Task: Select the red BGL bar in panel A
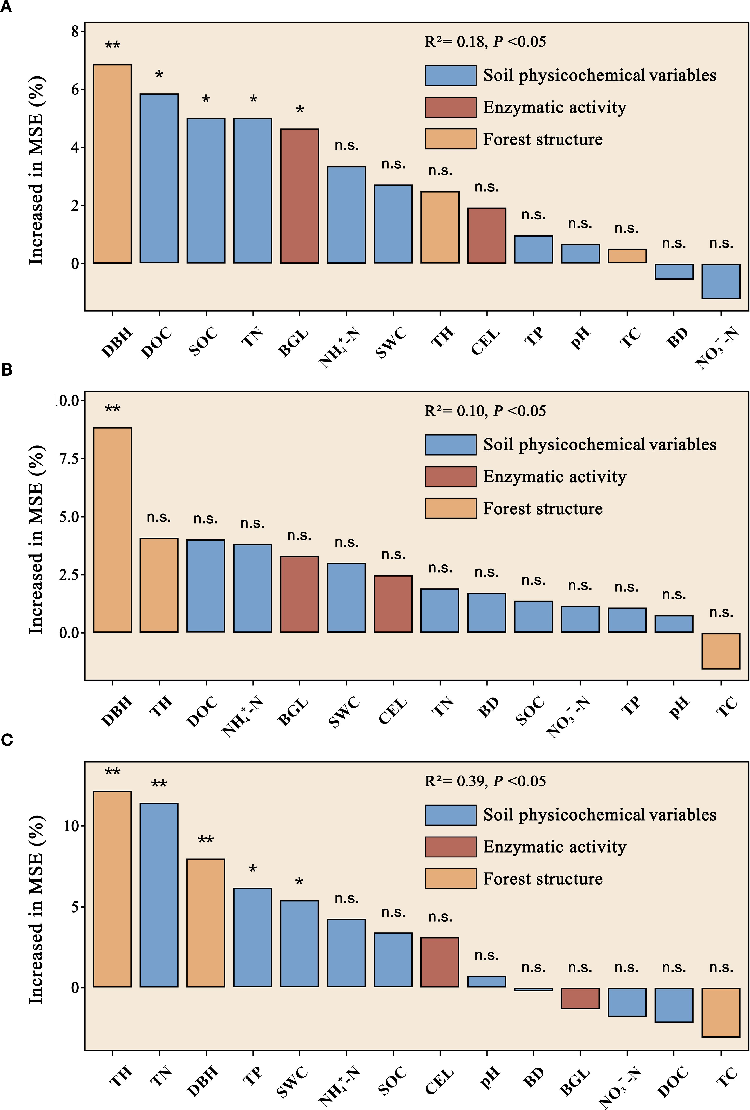[299, 196]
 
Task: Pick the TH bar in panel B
[159, 585]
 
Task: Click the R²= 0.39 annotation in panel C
[485, 781]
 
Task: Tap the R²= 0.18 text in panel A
[485, 42]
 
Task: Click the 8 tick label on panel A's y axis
[75, 32]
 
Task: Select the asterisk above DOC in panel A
[159, 74]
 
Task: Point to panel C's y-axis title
[36, 909]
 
